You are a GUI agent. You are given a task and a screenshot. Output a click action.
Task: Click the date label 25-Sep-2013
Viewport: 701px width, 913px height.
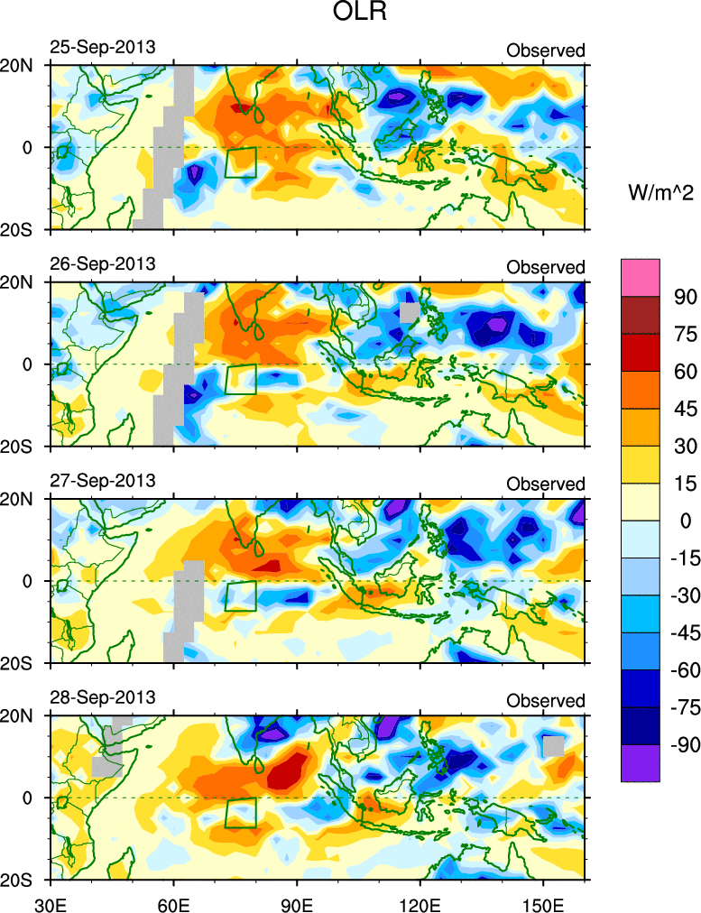tap(102, 47)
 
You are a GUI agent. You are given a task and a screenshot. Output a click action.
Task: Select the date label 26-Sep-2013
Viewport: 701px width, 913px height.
tap(102, 263)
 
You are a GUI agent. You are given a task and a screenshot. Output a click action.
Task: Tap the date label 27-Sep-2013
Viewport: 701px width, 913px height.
tap(102, 480)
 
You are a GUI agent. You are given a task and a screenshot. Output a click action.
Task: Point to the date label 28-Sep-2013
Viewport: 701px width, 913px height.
tap(102, 696)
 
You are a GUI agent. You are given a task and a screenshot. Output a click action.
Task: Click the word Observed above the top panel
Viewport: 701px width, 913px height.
tap(545, 51)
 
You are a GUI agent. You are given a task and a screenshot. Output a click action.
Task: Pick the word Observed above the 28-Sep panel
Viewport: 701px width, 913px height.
tap(545, 700)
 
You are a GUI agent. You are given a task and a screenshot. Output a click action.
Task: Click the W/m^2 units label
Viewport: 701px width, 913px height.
tap(659, 191)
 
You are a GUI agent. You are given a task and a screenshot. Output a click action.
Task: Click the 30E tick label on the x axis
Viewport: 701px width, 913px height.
tap(49, 899)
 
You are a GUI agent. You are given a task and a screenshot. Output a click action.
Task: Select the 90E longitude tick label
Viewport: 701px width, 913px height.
tap(297, 899)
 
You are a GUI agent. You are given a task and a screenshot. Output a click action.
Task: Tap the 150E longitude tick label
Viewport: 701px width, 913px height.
tap(543, 899)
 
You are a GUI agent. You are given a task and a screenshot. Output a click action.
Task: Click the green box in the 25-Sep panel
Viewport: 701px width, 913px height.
tap(241, 162)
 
